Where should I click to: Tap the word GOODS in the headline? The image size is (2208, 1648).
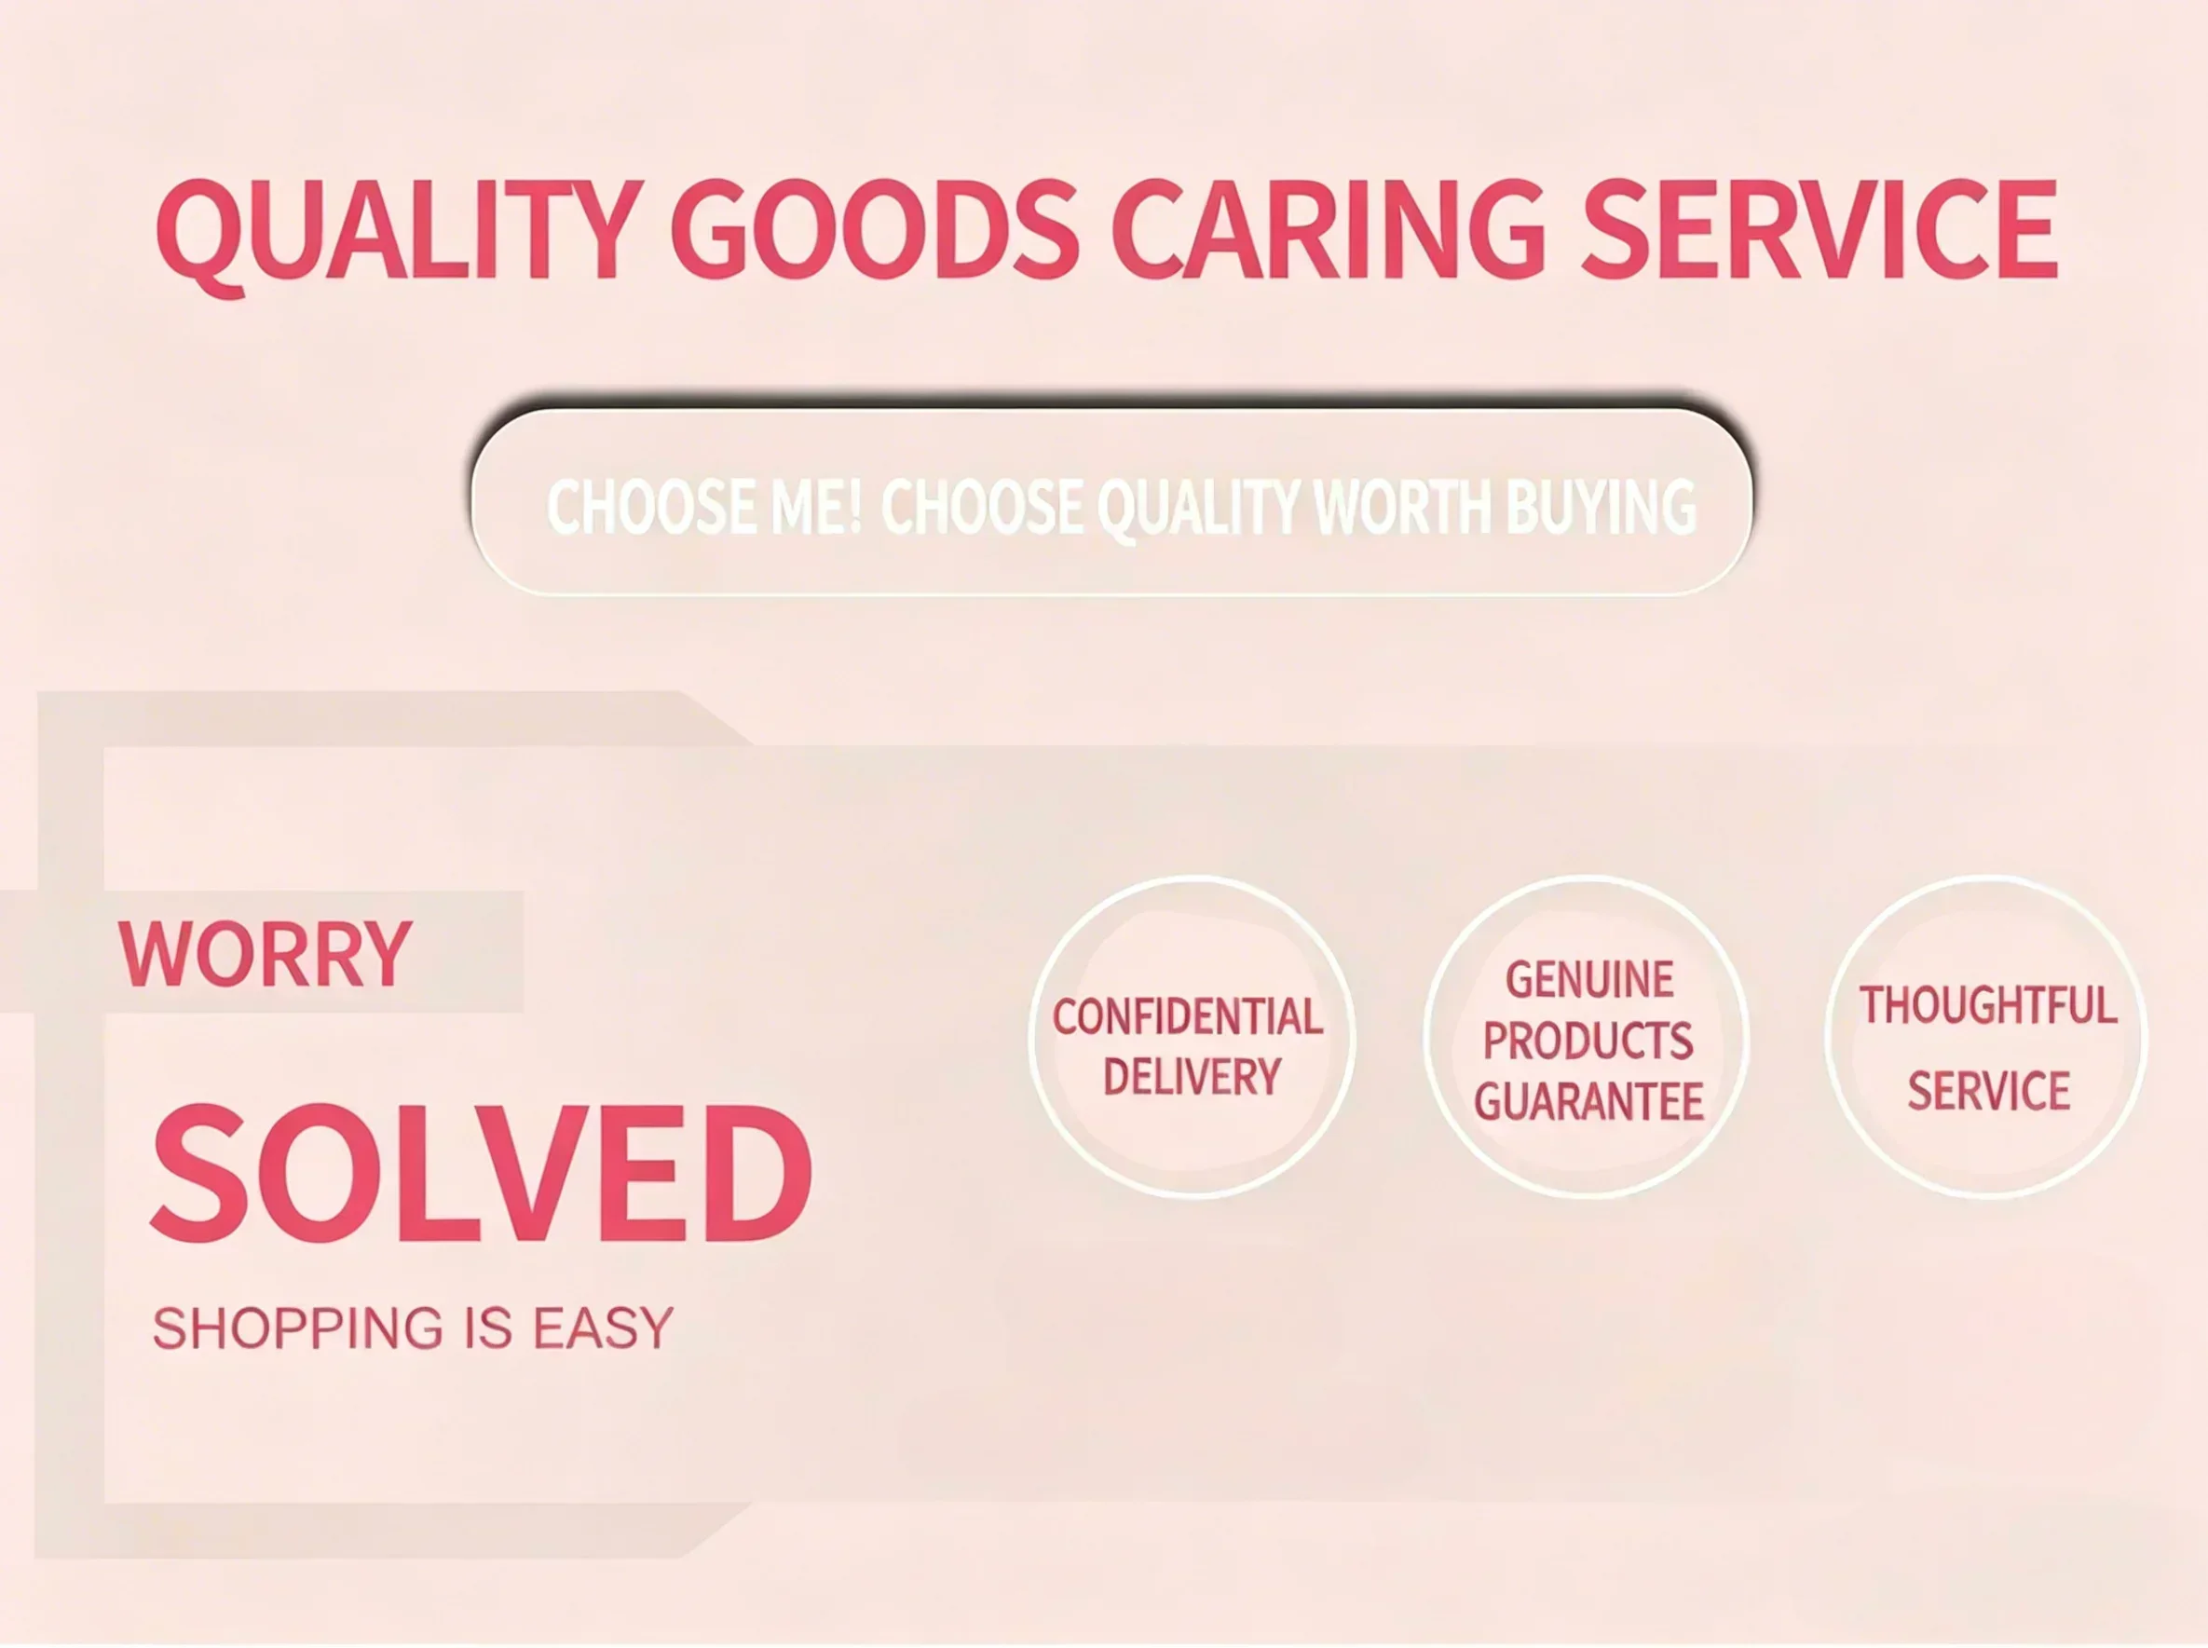pyautogui.click(x=875, y=229)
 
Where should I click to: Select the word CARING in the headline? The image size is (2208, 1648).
pyautogui.click(x=1329, y=229)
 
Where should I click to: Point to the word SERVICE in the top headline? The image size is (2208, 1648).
pyautogui.click(x=1820, y=229)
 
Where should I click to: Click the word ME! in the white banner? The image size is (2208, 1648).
pyautogui.click(x=815, y=506)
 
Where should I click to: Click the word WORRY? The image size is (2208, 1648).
pyautogui.click(x=266, y=954)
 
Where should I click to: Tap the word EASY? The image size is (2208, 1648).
pyautogui.click(x=604, y=1328)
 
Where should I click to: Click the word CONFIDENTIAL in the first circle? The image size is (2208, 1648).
pyautogui.click(x=1188, y=1016)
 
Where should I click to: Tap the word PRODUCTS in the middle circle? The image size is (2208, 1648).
pyautogui.click(x=1588, y=1041)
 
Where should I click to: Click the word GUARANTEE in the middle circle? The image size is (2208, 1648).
pyautogui.click(x=1589, y=1101)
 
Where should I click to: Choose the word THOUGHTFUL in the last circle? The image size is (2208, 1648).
pyautogui.click(x=1988, y=1004)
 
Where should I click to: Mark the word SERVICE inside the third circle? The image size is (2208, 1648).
pyautogui.click(x=1988, y=1090)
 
